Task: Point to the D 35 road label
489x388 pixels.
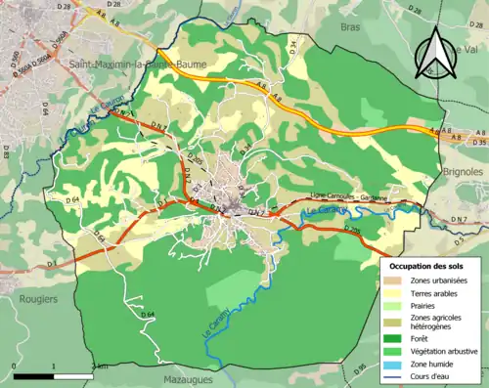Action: (477, 143)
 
